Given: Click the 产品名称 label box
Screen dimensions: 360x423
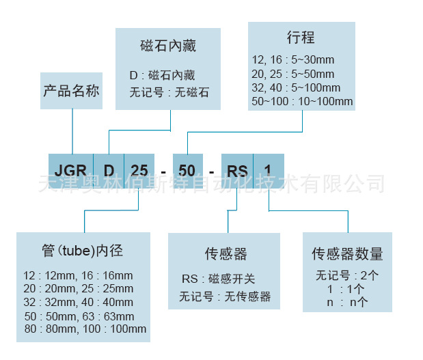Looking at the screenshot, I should (72, 91).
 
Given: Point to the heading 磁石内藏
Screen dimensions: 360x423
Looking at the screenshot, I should (167, 46).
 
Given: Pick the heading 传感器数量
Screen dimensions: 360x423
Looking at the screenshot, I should (347, 254).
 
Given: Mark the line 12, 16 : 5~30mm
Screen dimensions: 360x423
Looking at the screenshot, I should (292, 60).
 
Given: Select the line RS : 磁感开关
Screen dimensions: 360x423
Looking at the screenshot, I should (218, 279).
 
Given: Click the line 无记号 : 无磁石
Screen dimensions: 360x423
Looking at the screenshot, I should (169, 92).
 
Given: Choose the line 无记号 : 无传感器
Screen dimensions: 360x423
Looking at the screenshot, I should (225, 296).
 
